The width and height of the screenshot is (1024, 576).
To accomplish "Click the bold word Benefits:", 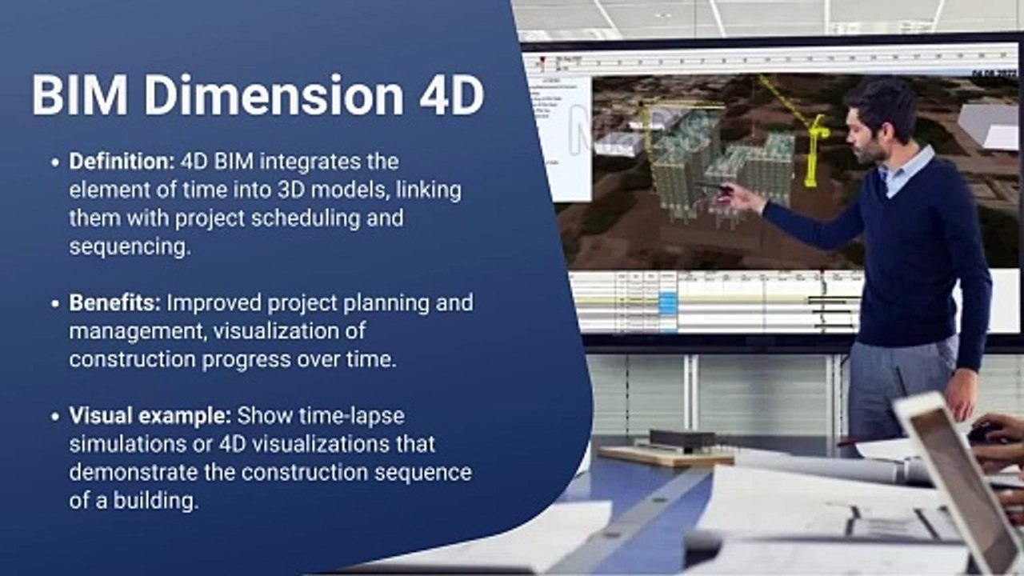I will [115, 303].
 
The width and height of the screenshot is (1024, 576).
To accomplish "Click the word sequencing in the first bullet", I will [130, 246].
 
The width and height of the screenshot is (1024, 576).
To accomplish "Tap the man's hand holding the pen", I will [740, 197].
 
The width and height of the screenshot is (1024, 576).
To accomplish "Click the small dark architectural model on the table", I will [682, 439].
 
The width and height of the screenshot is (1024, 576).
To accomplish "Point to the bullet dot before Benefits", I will [54, 304].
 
